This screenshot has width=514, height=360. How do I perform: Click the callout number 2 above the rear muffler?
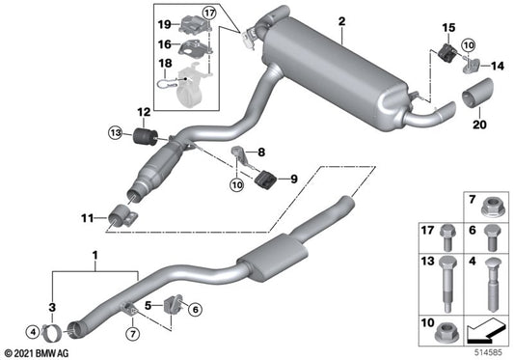pos(340,22)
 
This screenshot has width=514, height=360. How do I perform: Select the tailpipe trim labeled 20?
pos(478,100)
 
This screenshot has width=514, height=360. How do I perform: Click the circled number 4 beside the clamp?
pos(35,333)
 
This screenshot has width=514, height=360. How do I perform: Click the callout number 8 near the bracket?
pos(259,151)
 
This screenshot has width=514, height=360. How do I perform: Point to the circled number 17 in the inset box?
pos(210,13)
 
